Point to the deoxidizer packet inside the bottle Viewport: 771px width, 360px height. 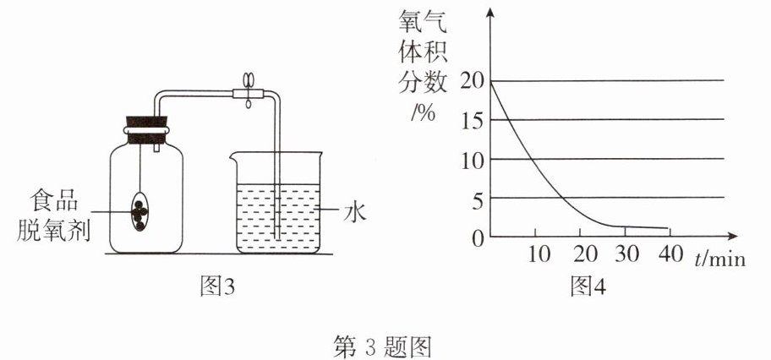141,210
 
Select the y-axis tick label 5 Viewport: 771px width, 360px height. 477,198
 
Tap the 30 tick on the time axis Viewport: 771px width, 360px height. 627,254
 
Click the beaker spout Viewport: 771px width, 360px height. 233,155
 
